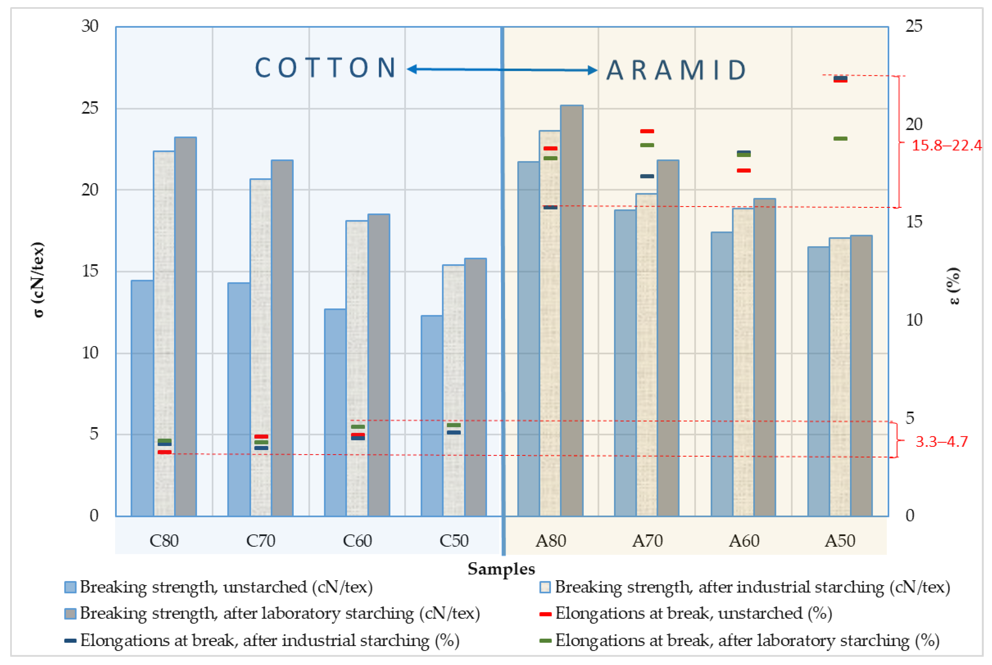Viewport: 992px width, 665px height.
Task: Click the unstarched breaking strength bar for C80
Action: click(x=142, y=399)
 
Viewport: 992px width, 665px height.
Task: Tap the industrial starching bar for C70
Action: click(x=261, y=348)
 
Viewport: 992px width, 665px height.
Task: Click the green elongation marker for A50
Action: click(x=840, y=139)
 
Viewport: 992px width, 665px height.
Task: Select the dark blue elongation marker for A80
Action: click(x=550, y=207)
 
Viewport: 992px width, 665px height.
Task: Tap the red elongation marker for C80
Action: click(x=164, y=452)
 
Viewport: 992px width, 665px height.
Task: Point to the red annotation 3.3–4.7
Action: click(x=941, y=442)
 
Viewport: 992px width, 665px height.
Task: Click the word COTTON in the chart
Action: click(x=325, y=68)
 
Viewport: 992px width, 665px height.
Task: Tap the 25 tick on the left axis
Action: click(x=90, y=108)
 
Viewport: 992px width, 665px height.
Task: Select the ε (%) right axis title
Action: click(x=953, y=286)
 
